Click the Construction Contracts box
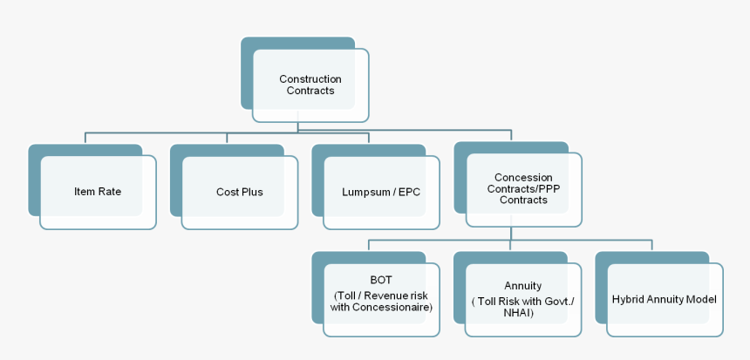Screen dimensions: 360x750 (x=310, y=85)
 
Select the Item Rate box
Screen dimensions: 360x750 (x=98, y=192)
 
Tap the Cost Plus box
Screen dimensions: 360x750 (x=240, y=192)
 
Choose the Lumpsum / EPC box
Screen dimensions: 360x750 (x=381, y=192)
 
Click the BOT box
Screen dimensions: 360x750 (x=381, y=296)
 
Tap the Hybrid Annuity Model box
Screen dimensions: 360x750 (x=665, y=299)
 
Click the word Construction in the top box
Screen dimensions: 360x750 (x=310, y=79)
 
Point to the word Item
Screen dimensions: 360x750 (x=85, y=192)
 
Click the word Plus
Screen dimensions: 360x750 (x=251, y=192)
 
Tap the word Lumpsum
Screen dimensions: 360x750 (x=365, y=192)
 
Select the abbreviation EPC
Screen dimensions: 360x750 (x=409, y=192)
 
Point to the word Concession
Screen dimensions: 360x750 (x=523, y=178)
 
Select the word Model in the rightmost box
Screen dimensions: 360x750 (x=701, y=299)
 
